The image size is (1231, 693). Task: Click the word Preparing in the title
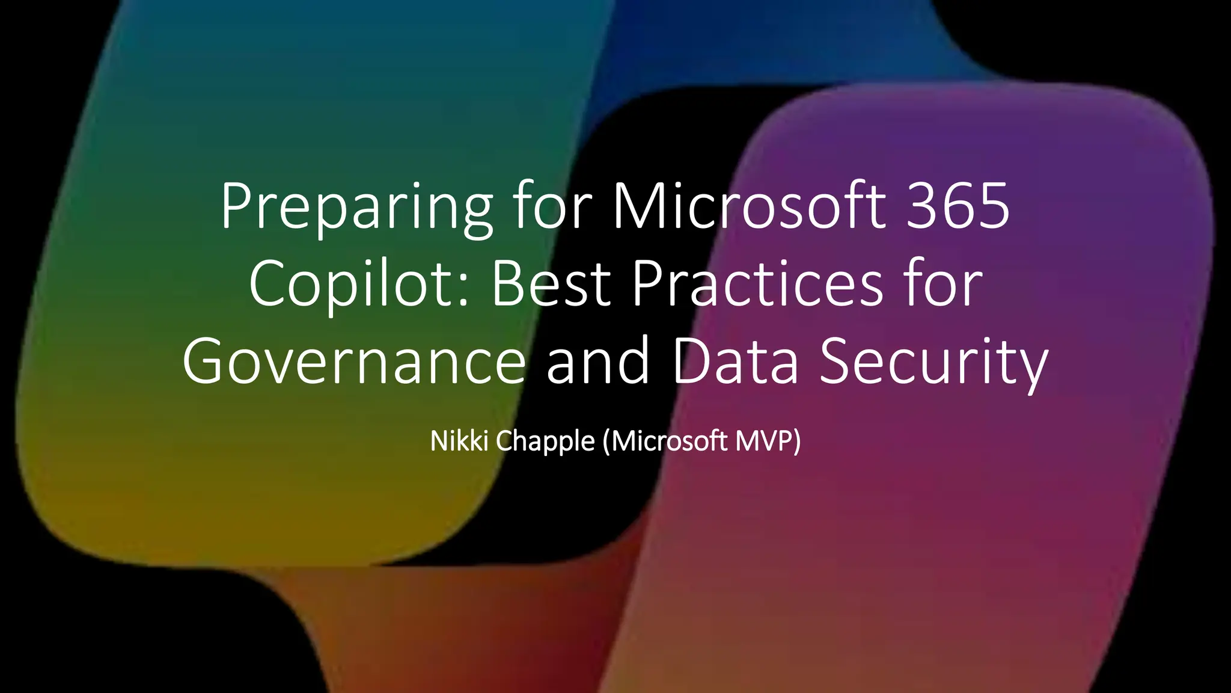(356, 208)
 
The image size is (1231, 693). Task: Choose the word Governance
(354, 361)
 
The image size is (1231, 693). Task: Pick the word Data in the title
(735, 361)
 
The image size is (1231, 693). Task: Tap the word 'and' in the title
(598, 361)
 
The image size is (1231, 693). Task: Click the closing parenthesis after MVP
(797, 442)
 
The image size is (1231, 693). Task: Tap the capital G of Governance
(204, 361)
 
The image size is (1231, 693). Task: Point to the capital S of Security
(836, 361)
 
